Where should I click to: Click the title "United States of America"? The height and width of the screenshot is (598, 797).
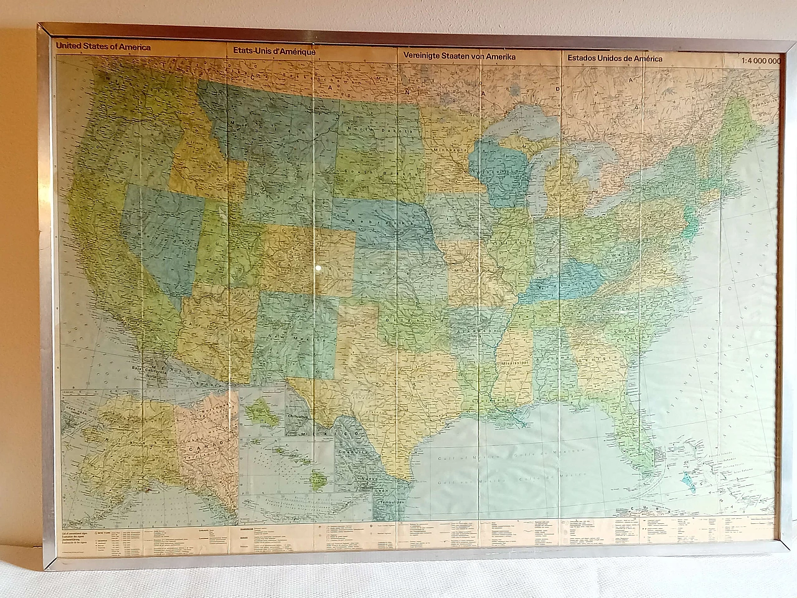102,47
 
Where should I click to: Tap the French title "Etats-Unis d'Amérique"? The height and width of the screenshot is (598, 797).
275,51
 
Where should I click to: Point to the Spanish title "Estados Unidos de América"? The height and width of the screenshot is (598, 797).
615,59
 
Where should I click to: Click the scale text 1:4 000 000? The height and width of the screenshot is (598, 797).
760,61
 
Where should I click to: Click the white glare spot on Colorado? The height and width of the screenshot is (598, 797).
318,269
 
